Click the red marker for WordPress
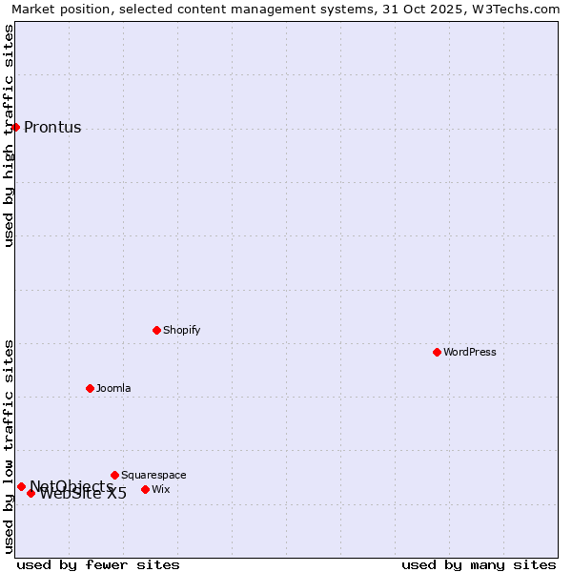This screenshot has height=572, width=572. click(x=437, y=352)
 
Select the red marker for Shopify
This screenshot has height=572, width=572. click(x=156, y=330)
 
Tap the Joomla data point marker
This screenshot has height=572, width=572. click(x=90, y=388)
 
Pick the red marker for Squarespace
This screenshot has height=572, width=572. click(x=114, y=475)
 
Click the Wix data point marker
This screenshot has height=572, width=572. click(x=145, y=489)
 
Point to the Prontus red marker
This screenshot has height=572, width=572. click(x=15, y=127)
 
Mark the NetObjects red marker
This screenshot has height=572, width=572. click(x=21, y=486)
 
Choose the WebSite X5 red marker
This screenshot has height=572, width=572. click(x=31, y=493)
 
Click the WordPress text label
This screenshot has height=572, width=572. click(x=470, y=352)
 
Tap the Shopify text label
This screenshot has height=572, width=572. click(x=182, y=330)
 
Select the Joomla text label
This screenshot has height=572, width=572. click(x=113, y=388)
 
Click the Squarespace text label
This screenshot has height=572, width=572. click(x=153, y=475)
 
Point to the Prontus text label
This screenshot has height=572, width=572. click(x=52, y=128)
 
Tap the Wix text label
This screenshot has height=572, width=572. click(x=161, y=489)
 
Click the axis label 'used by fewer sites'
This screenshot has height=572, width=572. click(x=98, y=564)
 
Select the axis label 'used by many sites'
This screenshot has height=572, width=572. click(x=479, y=564)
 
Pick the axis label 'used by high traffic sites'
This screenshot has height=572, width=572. click(x=9, y=135)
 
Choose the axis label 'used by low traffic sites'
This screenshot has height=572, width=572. click(x=9, y=446)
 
